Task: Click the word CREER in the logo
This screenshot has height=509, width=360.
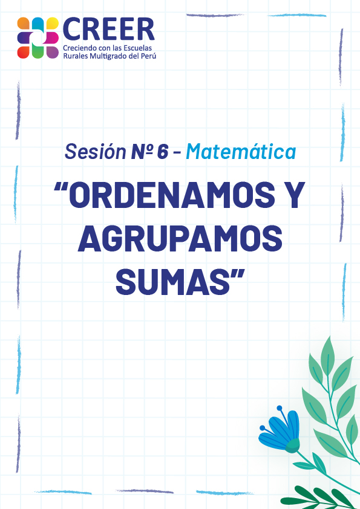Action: click(108, 30)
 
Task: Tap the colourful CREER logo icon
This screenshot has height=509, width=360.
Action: click(38, 37)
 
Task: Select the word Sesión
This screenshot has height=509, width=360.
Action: click(96, 151)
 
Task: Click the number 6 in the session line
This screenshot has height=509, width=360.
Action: click(163, 152)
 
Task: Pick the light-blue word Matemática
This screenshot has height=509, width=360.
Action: click(241, 151)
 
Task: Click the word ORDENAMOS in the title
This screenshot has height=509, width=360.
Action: click(172, 195)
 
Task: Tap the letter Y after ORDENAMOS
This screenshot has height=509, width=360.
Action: click(293, 195)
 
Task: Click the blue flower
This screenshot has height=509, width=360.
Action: click(280, 429)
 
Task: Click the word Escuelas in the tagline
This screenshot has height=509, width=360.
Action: click(139, 48)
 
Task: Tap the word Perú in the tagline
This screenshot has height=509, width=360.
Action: click(148, 56)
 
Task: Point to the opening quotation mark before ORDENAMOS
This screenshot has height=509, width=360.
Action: click(60, 187)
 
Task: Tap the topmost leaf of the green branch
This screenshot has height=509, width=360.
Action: click(328, 355)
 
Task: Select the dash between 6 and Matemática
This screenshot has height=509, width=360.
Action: click(177, 153)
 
